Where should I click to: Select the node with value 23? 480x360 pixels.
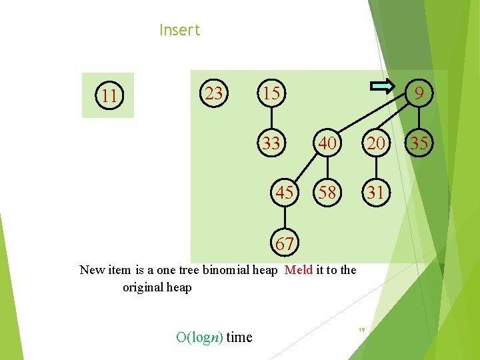(x=214, y=93)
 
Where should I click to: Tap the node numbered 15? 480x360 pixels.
(x=271, y=93)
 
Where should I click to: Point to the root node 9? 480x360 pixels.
(x=418, y=94)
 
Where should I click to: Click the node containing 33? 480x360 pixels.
(x=271, y=143)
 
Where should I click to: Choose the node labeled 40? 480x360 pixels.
(x=327, y=143)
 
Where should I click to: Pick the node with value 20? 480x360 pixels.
(x=376, y=143)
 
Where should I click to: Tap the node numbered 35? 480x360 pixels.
(x=419, y=143)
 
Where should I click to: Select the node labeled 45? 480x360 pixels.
(x=285, y=193)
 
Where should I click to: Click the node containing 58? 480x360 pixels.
(x=327, y=193)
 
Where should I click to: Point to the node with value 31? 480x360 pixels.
(x=376, y=193)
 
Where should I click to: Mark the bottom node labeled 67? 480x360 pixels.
(x=285, y=244)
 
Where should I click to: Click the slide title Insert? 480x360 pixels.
(x=179, y=30)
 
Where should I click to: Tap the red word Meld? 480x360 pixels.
(x=298, y=270)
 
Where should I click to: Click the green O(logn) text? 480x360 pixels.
(x=199, y=337)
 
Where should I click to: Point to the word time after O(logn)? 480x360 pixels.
(x=239, y=337)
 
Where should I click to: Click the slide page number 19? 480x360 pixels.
(x=361, y=330)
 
